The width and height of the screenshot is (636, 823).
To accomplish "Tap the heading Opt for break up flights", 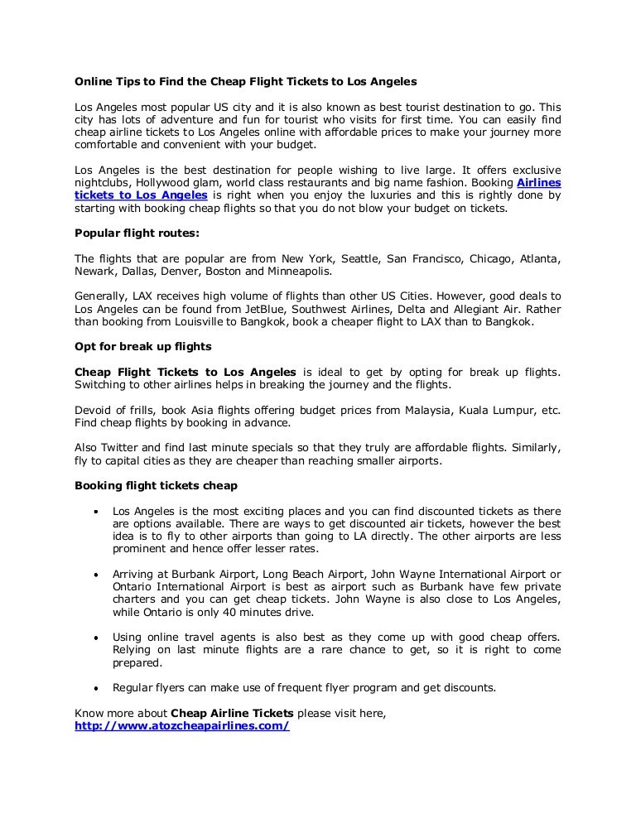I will [x=143, y=345].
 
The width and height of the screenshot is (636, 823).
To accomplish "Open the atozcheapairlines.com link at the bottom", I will [x=182, y=725].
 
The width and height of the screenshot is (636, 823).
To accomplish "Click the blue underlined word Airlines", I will [x=538, y=182].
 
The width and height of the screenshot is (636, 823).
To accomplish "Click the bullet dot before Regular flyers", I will [x=97, y=687].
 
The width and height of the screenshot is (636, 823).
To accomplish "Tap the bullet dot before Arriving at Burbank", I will [x=97, y=574].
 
